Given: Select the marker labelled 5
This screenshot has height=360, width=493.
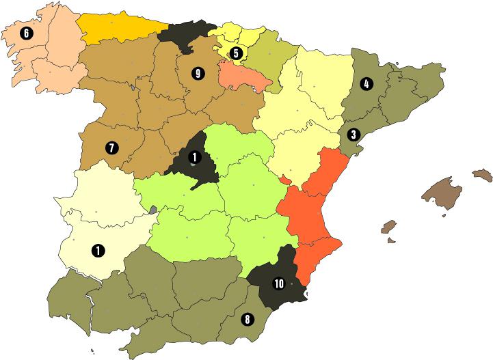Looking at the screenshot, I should tap(235, 52).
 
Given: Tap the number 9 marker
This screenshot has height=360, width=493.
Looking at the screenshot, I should tap(198, 74).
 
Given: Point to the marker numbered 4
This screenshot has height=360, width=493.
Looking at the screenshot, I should tap(367, 84).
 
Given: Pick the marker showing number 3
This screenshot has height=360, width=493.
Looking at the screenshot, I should tap(353, 134).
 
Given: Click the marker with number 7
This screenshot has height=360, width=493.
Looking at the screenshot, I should tap(110, 147).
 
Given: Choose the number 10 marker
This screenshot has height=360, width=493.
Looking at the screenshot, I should tap(278, 283).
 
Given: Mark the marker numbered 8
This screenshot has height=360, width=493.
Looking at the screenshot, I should tap(246, 318).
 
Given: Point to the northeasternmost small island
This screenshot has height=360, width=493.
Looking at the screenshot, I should tap(482, 176).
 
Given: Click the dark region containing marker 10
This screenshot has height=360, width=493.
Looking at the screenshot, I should tap(274, 273).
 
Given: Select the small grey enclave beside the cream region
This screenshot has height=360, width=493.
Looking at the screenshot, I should tap(154, 210).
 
